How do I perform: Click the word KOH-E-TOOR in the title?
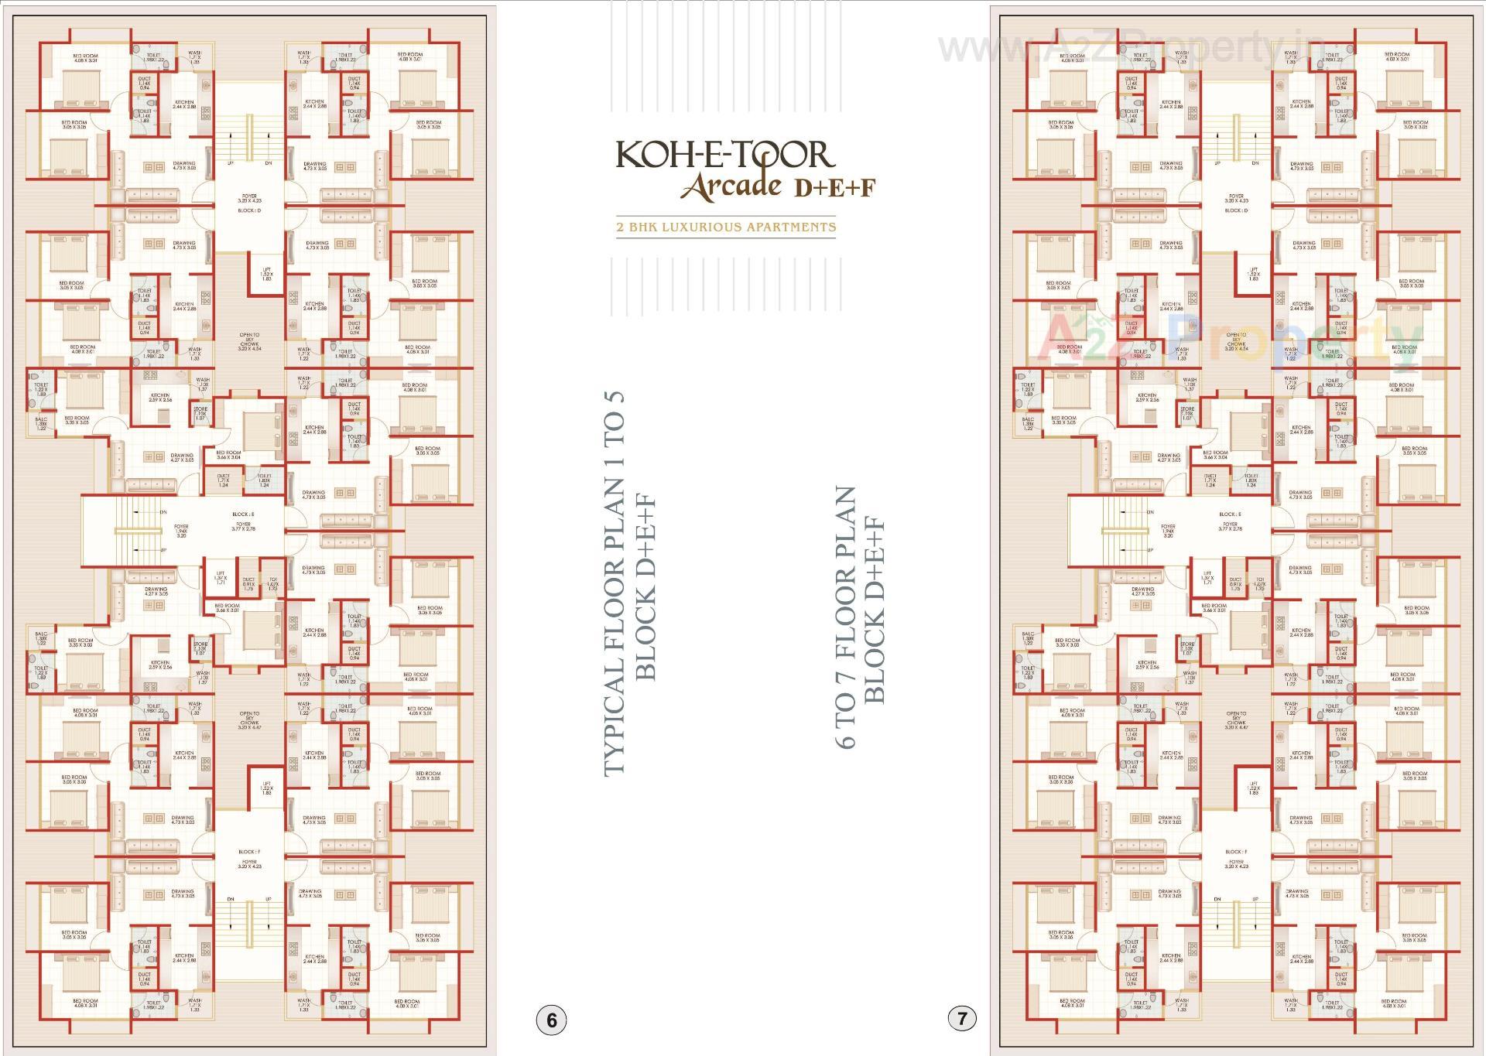coord(725,155)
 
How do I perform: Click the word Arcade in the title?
coord(731,187)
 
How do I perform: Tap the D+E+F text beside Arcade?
coord(832,187)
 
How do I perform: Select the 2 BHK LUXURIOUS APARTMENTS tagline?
coord(726,227)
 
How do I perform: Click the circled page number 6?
coord(551,1020)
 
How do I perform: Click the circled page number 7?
coord(962,1018)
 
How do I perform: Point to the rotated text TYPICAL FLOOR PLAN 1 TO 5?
coord(614,584)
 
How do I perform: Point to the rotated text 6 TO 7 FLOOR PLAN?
coord(845,617)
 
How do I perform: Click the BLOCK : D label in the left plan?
coord(249,210)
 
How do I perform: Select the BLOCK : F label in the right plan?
coord(1236,852)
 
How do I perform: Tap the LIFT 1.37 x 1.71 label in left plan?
coord(220,576)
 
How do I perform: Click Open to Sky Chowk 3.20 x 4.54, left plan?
coord(249,341)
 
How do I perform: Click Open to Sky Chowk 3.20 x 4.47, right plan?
coord(1236,720)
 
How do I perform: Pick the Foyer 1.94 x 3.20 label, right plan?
coord(1168,530)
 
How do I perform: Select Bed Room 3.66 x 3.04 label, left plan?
coord(228,455)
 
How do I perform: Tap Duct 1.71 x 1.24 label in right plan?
coord(1210,480)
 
